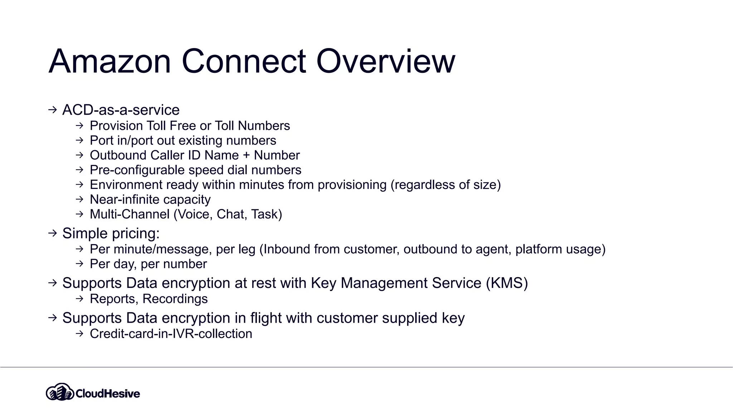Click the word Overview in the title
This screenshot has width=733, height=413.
(x=385, y=61)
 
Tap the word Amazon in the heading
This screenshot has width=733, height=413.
(x=110, y=61)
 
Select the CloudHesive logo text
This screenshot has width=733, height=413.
(x=108, y=394)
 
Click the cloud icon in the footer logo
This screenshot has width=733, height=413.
(x=60, y=392)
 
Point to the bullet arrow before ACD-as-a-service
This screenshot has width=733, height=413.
(x=53, y=110)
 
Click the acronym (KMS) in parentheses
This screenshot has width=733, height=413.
(x=507, y=283)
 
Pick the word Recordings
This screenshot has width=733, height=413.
(x=175, y=299)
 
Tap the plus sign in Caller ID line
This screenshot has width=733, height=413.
(x=246, y=155)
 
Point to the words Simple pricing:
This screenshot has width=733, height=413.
(x=111, y=233)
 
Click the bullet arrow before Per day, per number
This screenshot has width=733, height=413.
(x=79, y=264)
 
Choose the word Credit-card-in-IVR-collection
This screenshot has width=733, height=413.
(x=171, y=334)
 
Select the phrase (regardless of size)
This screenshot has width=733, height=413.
(x=446, y=185)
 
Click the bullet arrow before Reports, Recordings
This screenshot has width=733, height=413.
(x=79, y=299)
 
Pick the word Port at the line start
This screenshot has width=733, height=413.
(x=101, y=141)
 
